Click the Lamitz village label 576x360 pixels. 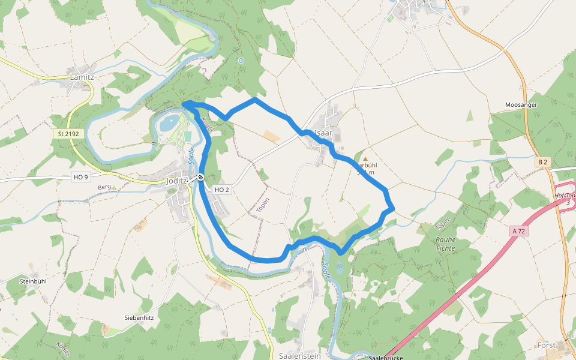click(82, 77)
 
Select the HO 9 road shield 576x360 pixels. click(80, 177)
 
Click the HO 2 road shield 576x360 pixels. click(222, 190)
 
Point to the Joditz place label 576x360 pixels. click(177, 180)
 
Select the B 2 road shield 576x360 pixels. click(543, 162)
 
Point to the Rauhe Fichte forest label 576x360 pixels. click(446, 243)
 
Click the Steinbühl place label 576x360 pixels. click(33, 281)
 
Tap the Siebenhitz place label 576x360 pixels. click(140, 317)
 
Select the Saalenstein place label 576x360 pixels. click(300, 355)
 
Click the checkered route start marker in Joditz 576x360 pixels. click(201, 178)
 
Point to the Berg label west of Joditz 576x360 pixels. click(104, 188)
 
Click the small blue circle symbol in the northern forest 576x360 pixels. click(241, 61)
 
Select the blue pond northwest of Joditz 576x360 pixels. click(169, 123)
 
